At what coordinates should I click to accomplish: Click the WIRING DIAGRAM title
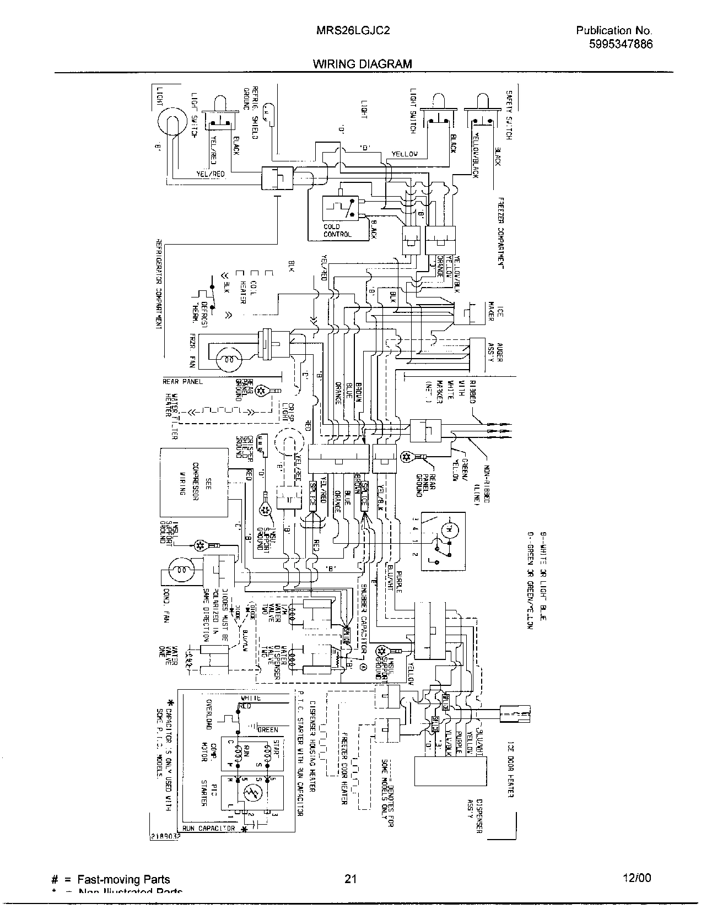(x=363, y=64)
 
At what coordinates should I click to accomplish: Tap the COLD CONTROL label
(x=337, y=230)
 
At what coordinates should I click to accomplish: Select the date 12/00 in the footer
(x=635, y=878)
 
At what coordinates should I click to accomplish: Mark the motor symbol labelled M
(x=447, y=529)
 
